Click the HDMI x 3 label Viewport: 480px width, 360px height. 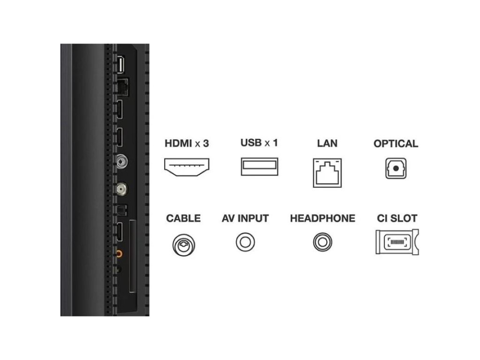[187, 143]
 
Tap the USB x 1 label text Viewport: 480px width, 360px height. [259, 142]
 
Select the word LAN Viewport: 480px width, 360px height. [327, 143]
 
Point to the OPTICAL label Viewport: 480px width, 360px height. [396, 143]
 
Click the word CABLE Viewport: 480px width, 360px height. [183, 218]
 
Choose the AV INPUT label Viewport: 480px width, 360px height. [245, 218]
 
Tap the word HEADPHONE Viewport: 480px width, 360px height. [322, 218]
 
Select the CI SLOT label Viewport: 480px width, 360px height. [397, 218]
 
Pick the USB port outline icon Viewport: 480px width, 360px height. [259, 167]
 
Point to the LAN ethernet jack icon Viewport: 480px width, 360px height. [327, 171]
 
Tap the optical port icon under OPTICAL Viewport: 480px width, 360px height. [396, 168]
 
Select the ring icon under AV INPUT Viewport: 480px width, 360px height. [245, 242]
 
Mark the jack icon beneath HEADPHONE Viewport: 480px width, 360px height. [322, 242]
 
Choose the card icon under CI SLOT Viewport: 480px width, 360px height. [397, 242]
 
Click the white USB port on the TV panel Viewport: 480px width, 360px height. [120, 65]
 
